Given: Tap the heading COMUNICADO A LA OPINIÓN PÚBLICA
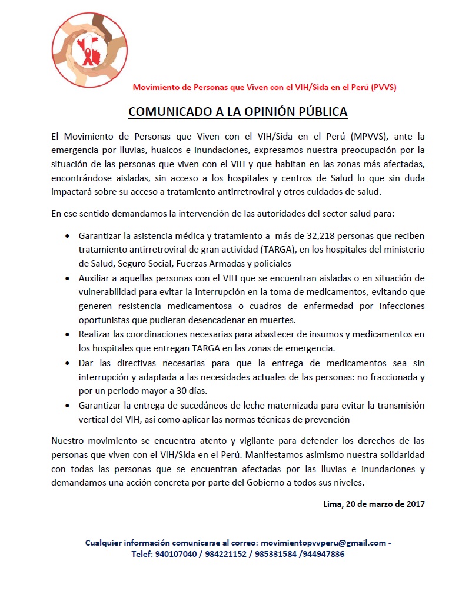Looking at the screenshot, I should point(238,112).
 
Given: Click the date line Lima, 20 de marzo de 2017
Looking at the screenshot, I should point(374,504).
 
